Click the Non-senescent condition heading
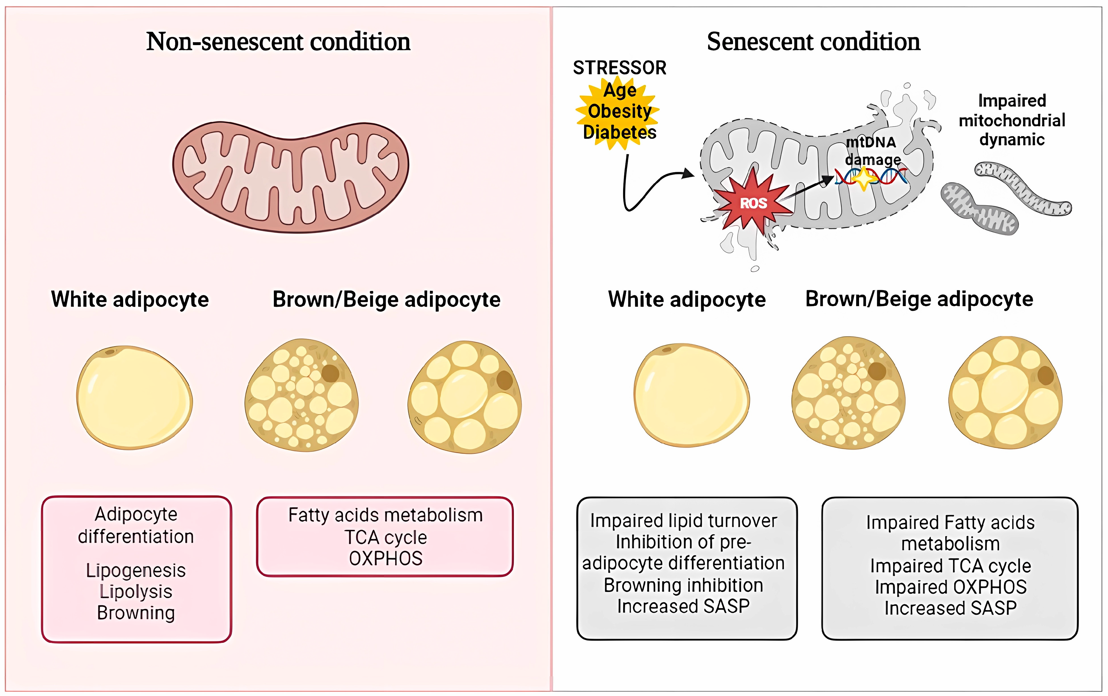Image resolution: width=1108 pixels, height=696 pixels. pyautogui.click(x=278, y=42)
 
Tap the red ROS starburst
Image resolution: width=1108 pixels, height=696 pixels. pyautogui.click(x=753, y=202)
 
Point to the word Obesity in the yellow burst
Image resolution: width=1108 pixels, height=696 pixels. pyautogui.click(x=619, y=111)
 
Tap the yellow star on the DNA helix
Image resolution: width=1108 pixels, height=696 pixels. pyautogui.click(x=864, y=178)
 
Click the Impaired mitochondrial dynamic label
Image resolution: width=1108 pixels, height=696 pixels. pyautogui.click(x=1012, y=120)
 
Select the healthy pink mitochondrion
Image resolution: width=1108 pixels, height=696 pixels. pyautogui.click(x=291, y=177)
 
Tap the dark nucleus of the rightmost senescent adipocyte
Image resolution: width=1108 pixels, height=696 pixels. pyautogui.click(x=1046, y=375)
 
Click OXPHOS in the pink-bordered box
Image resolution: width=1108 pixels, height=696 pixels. pyautogui.click(x=386, y=558)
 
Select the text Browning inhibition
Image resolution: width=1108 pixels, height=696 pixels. pyautogui.click(x=683, y=585)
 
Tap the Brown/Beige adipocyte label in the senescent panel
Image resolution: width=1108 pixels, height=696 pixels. pyautogui.click(x=919, y=299)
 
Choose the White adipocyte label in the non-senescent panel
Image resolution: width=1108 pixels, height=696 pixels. pyautogui.click(x=130, y=299)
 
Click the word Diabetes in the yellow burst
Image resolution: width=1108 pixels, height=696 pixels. pyautogui.click(x=619, y=132)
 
